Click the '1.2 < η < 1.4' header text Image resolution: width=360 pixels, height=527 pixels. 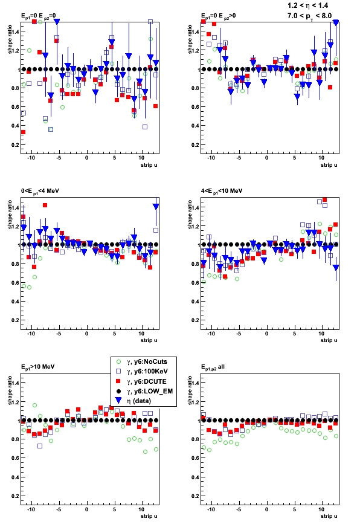(x=307, y=5)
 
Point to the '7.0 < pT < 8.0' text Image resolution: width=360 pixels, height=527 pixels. (x=309, y=16)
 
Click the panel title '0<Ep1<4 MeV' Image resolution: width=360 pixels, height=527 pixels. (x=40, y=191)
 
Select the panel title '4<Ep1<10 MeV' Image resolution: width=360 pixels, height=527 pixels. (x=222, y=191)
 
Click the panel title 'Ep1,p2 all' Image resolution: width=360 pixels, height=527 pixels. (x=213, y=367)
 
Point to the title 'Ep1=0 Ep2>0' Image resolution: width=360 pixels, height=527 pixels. (x=218, y=16)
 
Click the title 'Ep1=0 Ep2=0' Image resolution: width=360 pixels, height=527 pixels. (x=38, y=16)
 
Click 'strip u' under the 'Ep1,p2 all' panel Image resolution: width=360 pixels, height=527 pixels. (x=329, y=516)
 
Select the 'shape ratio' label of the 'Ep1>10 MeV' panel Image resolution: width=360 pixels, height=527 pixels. (x=10, y=390)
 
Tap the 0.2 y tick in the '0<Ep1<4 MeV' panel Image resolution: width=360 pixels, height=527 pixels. (x=16, y=320)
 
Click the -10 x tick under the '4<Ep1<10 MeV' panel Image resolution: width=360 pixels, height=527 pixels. (x=211, y=334)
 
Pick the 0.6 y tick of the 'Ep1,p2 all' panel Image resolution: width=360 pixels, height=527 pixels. (x=196, y=458)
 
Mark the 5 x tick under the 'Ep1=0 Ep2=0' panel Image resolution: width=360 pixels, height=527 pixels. (x=115, y=158)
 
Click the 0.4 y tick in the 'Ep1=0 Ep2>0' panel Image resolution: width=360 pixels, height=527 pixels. (x=196, y=126)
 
